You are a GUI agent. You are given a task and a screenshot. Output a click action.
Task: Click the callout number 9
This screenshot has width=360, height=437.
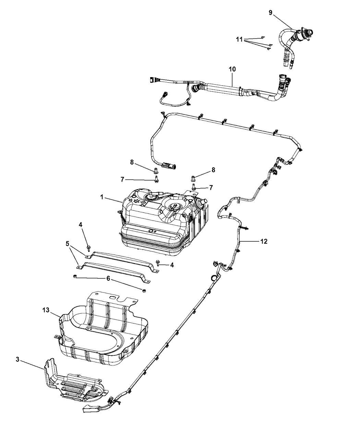tap(271, 13)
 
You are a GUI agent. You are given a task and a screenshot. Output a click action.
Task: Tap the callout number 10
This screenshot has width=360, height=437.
tap(232, 69)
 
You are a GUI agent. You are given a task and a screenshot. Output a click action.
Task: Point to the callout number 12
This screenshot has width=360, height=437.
tap(264, 242)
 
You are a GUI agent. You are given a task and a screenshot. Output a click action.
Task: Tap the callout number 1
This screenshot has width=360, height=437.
tap(102, 198)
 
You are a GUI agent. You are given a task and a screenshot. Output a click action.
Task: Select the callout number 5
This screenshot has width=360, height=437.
tap(67, 244)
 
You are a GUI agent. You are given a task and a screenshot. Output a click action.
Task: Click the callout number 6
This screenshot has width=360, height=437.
tap(108, 279)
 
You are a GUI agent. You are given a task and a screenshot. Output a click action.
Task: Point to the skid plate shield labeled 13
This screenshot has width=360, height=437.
tap(103, 332)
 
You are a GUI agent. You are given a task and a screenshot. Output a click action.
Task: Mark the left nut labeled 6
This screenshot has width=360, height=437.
tap(74, 276)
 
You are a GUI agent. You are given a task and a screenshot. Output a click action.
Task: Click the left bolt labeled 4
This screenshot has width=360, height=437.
tap(89, 247)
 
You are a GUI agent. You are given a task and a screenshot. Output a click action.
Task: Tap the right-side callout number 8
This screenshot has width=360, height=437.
tap(213, 169)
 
